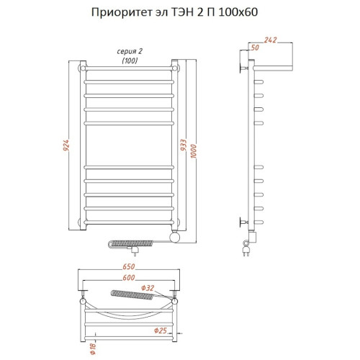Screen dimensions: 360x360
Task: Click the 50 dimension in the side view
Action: click(253, 48)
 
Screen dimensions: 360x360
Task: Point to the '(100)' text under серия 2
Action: click(128, 62)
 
